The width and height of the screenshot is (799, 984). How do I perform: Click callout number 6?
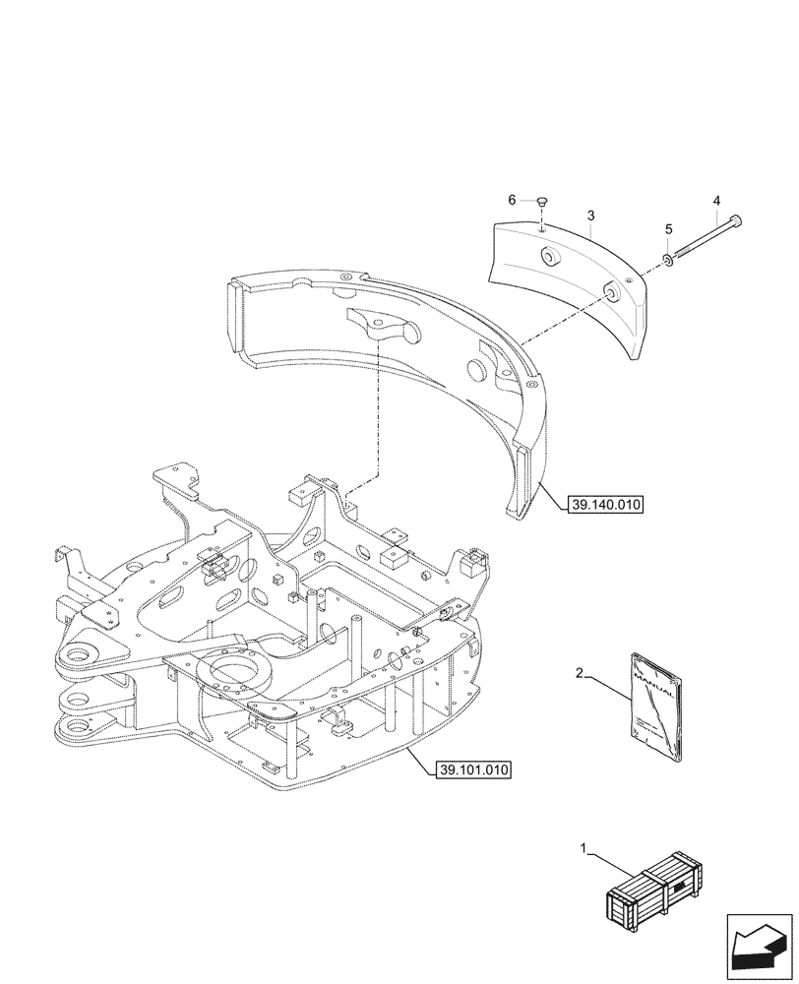(x=512, y=200)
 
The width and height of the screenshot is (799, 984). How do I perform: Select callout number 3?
(x=589, y=215)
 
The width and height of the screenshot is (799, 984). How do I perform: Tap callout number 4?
(x=717, y=202)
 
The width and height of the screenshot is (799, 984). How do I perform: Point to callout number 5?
(x=668, y=229)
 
